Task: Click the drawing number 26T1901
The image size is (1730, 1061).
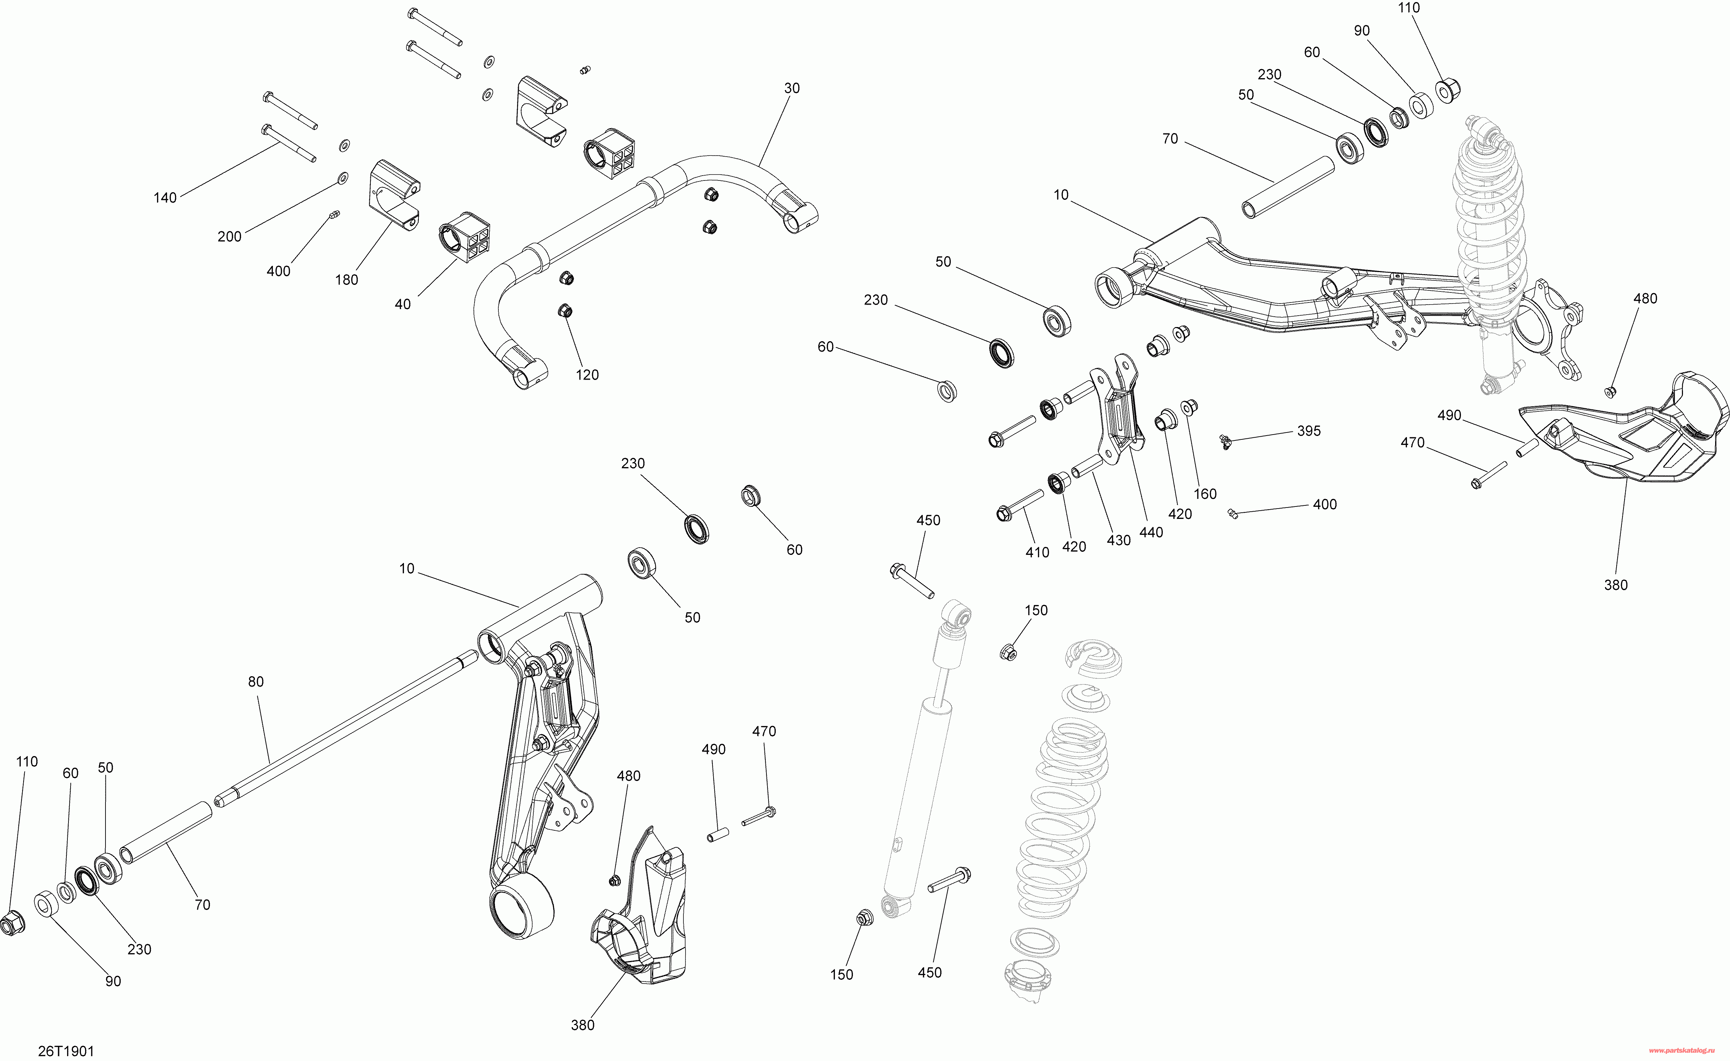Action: [x=66, y=1051]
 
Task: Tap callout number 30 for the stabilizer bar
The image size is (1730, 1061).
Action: [x=791, y=89]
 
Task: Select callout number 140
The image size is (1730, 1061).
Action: [x=165, y=198]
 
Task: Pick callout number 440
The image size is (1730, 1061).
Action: [x=1151, y=533]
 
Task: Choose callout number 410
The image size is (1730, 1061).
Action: [x=1037, y=552]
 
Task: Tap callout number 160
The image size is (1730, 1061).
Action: [x=1205, y=494]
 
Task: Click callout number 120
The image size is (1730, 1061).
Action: [x=587, y=375]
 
